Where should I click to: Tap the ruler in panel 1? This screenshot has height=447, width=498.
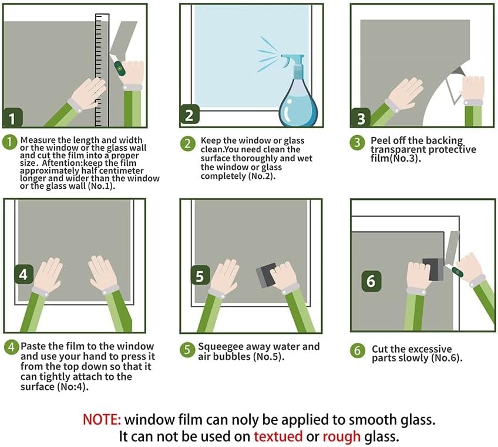coord(102,70)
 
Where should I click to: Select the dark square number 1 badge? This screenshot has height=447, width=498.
coord(13,118)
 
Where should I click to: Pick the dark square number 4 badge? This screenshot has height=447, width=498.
coord(23,274)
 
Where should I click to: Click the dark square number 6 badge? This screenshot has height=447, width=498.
coord(371,281)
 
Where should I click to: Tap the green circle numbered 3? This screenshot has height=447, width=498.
coord(357,142)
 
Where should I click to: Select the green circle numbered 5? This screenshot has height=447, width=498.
coord(187,349)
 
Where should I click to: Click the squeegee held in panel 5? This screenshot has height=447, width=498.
coord(266,275)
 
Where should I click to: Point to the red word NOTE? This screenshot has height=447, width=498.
coord(102,419)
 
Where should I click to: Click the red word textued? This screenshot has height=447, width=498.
coord(278,436)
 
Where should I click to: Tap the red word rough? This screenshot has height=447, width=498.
coord(341,437)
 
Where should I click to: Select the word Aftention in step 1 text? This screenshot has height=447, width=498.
coord(60,163)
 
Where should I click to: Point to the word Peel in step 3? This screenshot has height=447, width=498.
coord(381,141)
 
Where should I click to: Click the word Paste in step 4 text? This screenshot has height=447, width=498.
coord(33,346)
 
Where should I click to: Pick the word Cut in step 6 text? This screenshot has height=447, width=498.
coord(380,349)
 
